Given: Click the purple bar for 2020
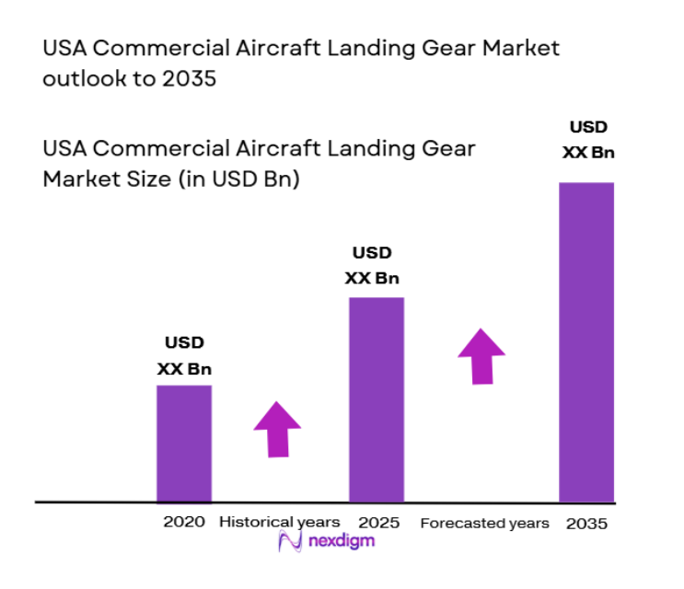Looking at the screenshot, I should pyautogui.click(x=184, y=444).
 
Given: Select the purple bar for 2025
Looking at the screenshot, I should pyautogui.click(x=376, y=399).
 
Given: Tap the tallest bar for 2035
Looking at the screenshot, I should pyautogui.click(x=586, y=341).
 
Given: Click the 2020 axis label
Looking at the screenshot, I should pyautogui.click(x=184, y=522).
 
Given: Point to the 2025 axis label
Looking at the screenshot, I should pyautogui.click(x=379, y=522).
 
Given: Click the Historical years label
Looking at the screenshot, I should pyautogui.click(x=279, y=522).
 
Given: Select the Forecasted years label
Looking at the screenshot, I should pyautogui.click(x=484, y=523).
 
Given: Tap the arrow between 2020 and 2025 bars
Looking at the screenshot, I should pyautogui.click(x=277, y=428).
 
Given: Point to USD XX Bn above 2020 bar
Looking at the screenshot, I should pyautogui.click(x=184, y=356).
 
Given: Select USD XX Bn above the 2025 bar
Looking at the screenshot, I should pyautogui.click(x=372, y=265).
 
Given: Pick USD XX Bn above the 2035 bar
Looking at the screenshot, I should pyautogui.click(x=588, y=140).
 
